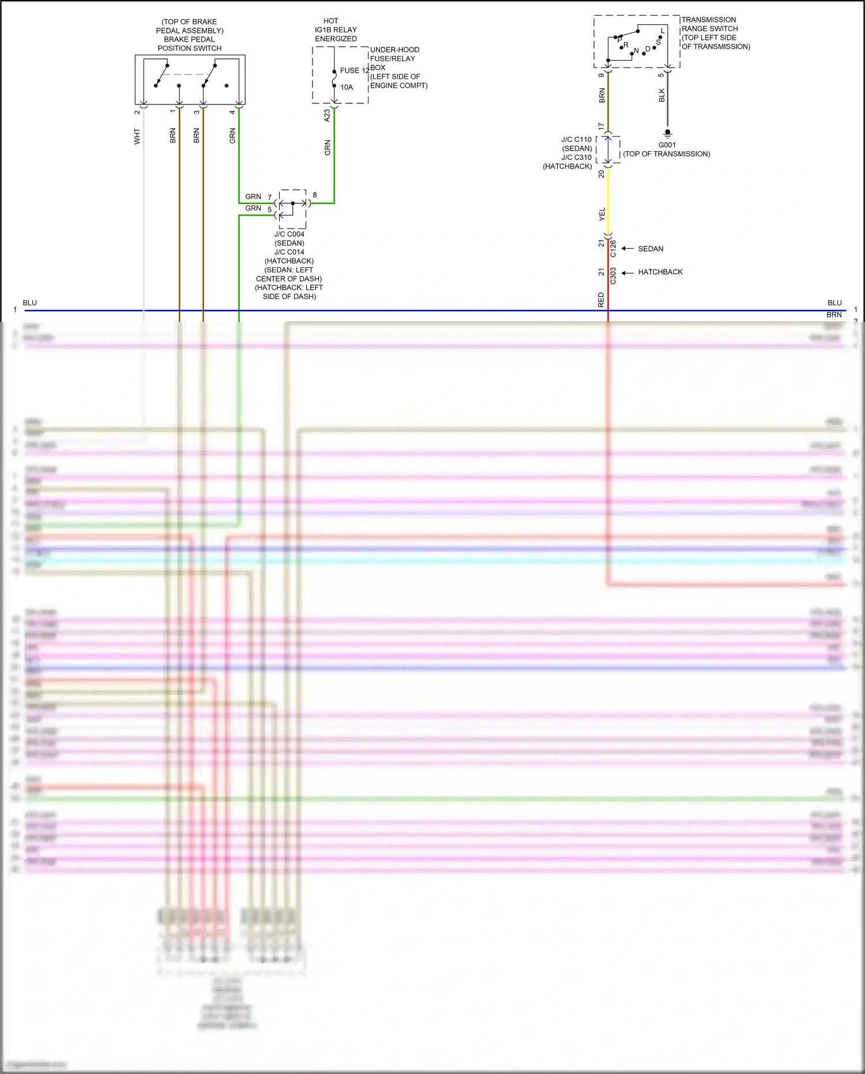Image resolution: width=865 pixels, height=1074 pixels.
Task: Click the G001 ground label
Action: pyautogui.click(x=667, y=145)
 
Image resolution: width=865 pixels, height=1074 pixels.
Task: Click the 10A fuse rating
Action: pyautogui.click(x=347, y=87)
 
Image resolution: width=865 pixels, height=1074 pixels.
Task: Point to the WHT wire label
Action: pyautogui.click(x=137, y=136)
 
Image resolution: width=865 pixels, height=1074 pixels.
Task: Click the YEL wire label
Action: pyautogui.click(x=602, y=214)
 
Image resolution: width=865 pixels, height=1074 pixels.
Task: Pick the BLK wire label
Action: pyautogui.click(x=662, y=95)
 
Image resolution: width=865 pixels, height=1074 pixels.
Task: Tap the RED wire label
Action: pyautogui.click(x=601, y=300)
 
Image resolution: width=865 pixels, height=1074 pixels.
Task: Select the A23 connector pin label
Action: pyautogui.click(x=327, y=115)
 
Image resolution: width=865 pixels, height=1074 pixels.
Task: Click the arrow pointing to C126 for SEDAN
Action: pyautogui.click(x=627, y=249)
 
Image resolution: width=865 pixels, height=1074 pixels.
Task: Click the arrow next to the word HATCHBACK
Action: pyautogui.click(x=627, y=272)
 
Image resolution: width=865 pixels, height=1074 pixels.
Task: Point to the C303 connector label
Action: pyautogui.click(x=613, y=275)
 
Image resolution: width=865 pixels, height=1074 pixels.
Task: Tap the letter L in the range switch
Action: pyautogui.click(x=663, y=31)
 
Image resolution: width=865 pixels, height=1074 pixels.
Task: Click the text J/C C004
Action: pyautogui.click(x=289, y=234)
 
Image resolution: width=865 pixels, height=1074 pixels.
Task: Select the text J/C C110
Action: pyautogui.click(x=576, y=140)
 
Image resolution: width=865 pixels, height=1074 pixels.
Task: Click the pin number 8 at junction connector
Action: pyautogui.click(x=315, y=195)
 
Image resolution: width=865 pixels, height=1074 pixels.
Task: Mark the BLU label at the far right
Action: pyautogui.click(x=834, y=303)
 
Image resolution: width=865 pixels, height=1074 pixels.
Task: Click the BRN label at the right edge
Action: pyautogui.click(x=834, y=315)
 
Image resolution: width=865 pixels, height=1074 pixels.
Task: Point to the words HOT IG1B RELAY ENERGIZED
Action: pyautogui.click(x=336, y=30)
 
